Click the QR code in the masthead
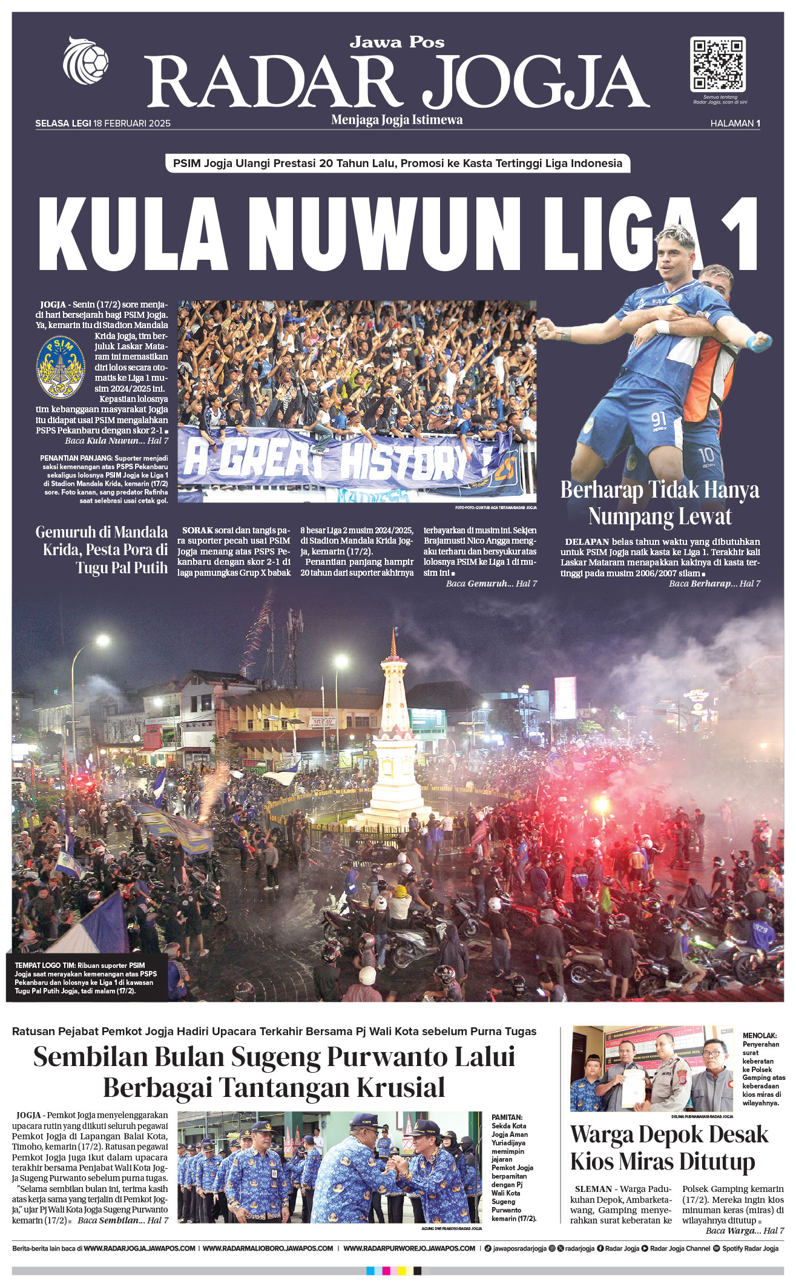point(717,64)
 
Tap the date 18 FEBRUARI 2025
point(132,123)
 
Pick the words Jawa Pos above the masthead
point(397,42)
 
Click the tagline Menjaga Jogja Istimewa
point(397,120)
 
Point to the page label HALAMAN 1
point(735,123)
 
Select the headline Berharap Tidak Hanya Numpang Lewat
point(660,503)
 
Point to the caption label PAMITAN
point(507,1117)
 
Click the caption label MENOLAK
point(760,1036)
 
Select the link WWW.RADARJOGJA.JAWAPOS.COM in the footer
point(139,1248)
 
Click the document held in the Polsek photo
point(634,1086)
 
